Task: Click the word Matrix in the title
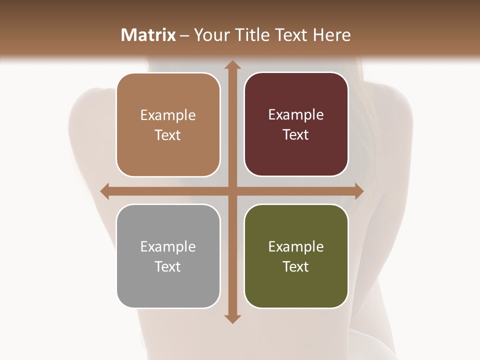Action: click(x=148, y=35)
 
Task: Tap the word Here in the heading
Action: click(x=332, y=35)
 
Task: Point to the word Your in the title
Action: click(x=209, y=35)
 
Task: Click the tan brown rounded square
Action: click(x=168, y=125)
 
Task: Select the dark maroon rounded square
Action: click(x=296, y=124)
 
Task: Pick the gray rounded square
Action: click(x=168, y=256)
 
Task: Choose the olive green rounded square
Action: click(x=296, y=256)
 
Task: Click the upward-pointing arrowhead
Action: click(x=232, y=65)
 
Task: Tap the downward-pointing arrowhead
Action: click(x=232, y=318)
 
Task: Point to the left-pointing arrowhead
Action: click(x=105, y=191)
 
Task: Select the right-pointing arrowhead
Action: click(x=358, y=191)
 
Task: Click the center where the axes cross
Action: click(x=232, y=191)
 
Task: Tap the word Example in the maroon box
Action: click(x=296, y=115)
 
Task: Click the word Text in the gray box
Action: click(x=168, y=267)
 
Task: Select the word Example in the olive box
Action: click(x=296, y=246)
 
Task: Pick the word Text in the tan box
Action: click(x=168, y=135)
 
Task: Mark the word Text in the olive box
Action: click(x=296, y=267)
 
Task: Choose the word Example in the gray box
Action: click(x=168, y=246)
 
